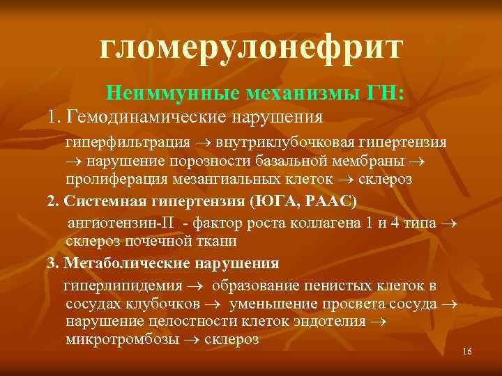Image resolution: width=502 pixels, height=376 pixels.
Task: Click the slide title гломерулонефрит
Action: pyautogui.click(x=251, y=47)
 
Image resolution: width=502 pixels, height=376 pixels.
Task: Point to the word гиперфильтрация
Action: pyautogui.click(x=128, y=142)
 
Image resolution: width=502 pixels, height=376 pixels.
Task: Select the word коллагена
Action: pyautogui.click(x=323, y=224)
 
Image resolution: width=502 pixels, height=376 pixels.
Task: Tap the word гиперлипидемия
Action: pyautogui.click(x=123, y=285)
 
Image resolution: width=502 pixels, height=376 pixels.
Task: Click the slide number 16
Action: pyautogui.click(x=466, y=352)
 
